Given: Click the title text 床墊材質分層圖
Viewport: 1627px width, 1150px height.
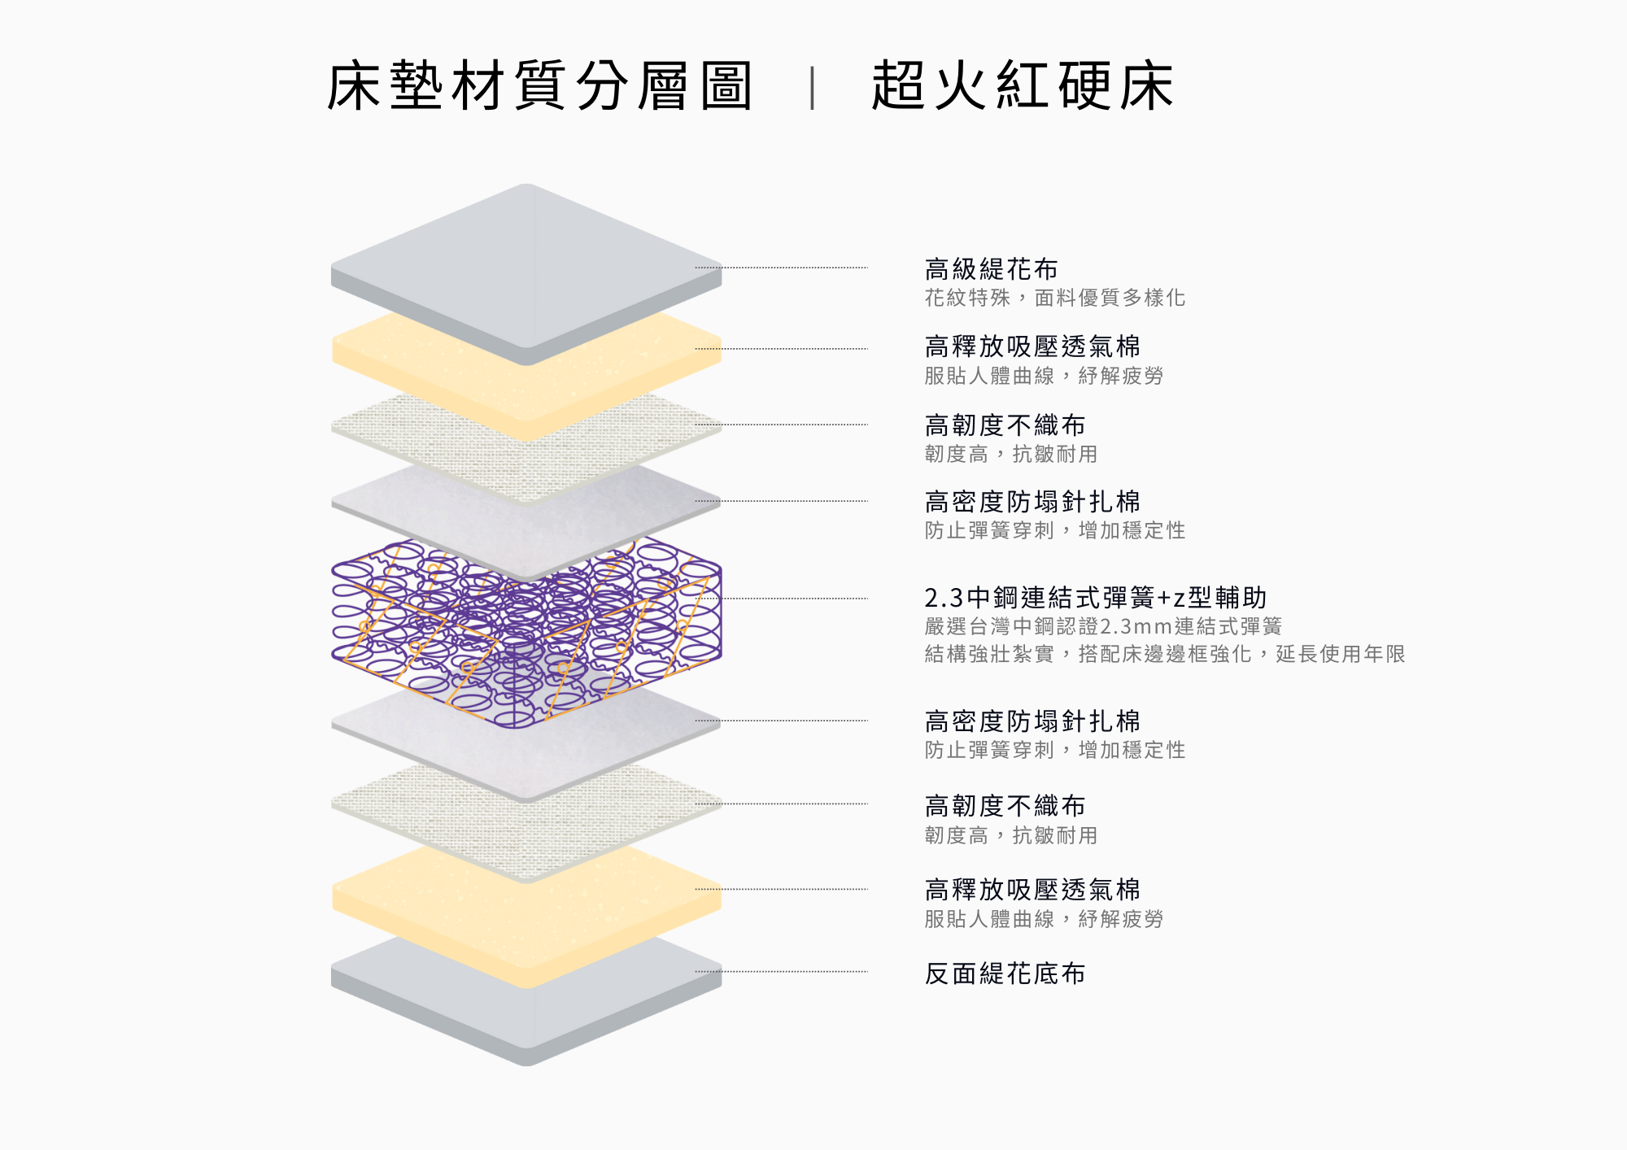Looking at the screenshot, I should (539, 85).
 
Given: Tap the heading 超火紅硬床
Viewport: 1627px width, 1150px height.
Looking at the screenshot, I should (1022, 85).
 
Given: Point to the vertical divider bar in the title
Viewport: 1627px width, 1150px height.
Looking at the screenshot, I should (812, 88).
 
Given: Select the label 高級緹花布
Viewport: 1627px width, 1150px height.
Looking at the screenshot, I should (991, 268).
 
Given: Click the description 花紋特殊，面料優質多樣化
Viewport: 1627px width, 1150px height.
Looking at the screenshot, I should (1054, 298).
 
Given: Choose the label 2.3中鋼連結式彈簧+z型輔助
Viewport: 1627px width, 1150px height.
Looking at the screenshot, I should (1095, 598).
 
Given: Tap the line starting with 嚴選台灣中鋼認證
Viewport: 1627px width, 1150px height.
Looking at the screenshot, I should (1103, 626).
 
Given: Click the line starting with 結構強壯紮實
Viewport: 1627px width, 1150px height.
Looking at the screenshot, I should (1164, 654).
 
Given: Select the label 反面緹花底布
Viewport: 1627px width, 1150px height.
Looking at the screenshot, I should (1005, 974).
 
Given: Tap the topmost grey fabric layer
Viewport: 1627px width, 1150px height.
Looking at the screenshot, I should (526, 260).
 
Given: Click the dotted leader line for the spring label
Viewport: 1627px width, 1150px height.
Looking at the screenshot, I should (797, 599).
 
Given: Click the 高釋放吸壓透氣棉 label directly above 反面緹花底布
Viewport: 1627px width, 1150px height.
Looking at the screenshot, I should (1032, 890).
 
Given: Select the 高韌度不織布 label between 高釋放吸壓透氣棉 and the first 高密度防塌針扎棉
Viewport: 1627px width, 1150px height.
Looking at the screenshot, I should (1005, 425).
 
